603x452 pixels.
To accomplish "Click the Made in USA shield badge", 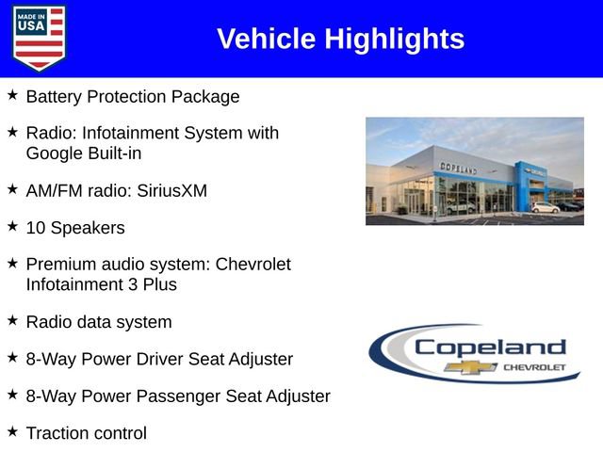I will tap(40, 38).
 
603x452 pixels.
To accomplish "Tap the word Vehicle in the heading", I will tap(267, 39).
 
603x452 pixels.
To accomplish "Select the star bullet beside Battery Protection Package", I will tap(12, 95).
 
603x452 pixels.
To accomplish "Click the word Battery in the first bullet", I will tap(56, 96).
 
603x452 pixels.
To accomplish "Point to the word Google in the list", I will tap(56, 153).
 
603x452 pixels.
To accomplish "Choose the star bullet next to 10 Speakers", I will tap(12, 227).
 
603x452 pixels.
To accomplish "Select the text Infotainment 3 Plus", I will tap(101, 284).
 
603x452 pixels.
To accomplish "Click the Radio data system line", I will tap(99, 322).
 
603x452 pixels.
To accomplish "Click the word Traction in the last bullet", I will tap(58, 434).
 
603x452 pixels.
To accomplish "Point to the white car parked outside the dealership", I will tap(545, 206).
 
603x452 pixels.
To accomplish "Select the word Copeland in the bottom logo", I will tap(490, 347).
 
